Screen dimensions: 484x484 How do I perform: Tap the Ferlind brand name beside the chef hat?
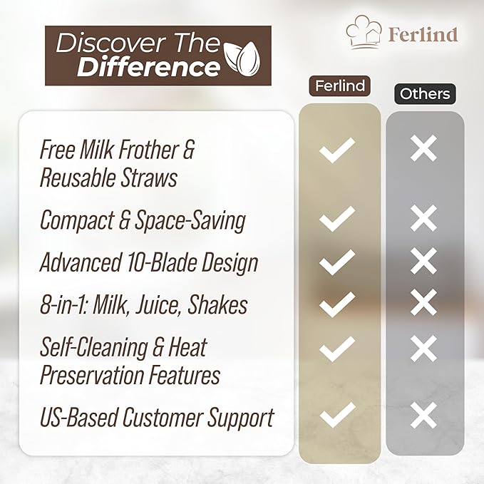coord(423,34)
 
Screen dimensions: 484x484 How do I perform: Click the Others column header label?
coord(425,93)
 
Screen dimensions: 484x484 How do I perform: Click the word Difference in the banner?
coord(148,68)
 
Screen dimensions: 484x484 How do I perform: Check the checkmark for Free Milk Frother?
coord(337,150)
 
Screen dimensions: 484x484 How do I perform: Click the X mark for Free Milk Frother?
coord(425,149)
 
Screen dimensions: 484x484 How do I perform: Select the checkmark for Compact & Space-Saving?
coord(337,219)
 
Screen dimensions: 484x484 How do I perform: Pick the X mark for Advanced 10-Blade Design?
coord(425,262)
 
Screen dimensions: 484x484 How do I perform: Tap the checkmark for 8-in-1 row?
coord(337,304)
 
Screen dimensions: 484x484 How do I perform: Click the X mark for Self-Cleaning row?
coord(425,349)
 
